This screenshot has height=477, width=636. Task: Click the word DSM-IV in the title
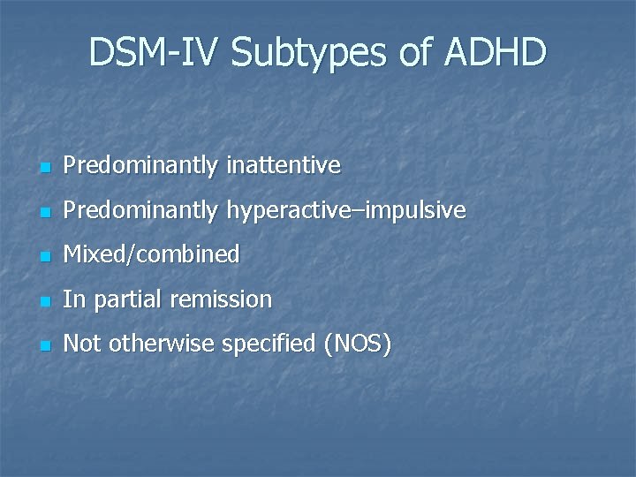click(154, 53)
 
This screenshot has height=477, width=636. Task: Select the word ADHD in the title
click(496, 53)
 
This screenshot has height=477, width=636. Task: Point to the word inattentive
click(284, 165)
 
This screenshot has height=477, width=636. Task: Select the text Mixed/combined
click(151, 254)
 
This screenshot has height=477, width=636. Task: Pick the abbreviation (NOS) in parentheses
click(358, 344)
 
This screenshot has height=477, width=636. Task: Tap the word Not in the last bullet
click(82, 344)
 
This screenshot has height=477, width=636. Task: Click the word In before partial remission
click(73, 299)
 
